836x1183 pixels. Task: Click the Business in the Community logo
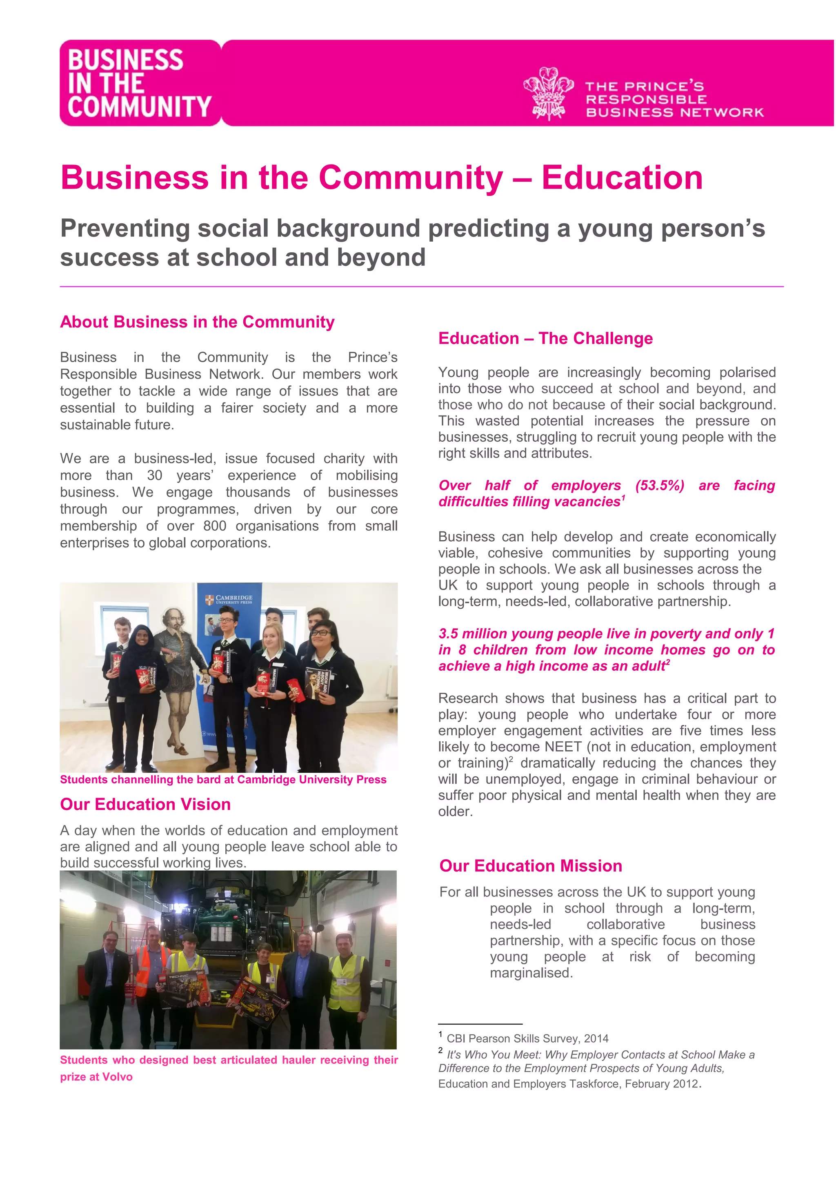(x=140, y=83)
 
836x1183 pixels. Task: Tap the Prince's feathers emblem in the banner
(x=549, y=94)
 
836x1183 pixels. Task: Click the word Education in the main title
(x=622, y=178)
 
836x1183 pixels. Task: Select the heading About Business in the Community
(x=197, y=322)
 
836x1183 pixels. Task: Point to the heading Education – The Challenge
(x=545, y=338)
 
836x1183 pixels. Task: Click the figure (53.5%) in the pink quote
(x=659, y=485)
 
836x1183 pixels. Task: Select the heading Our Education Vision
(x=145, y=804)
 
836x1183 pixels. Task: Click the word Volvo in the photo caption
(x=118, y=1077)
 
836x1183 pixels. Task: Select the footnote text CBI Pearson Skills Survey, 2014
(x=527, y=1039)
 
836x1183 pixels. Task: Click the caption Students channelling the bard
(x=222, y=780)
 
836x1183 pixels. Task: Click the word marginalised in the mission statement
(x=531, y=973)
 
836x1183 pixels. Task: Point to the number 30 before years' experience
(x=155, y=476)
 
